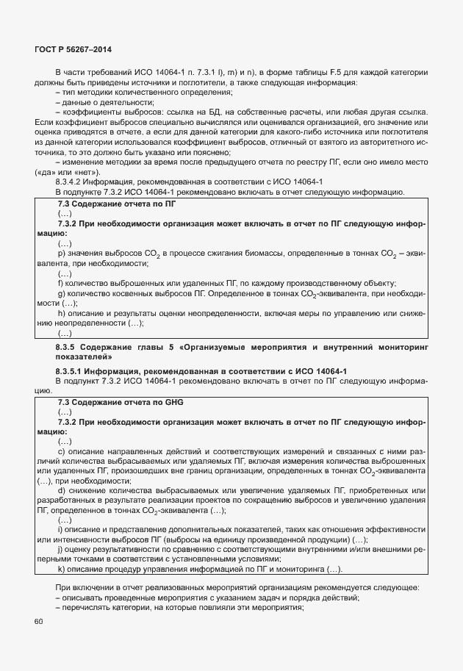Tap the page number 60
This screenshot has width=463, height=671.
(x=39, y=622)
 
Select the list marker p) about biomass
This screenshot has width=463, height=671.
(x=61, y=254)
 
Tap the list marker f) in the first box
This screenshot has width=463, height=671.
(x=60, y=284)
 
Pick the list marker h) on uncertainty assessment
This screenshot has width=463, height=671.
(x=61, y=314)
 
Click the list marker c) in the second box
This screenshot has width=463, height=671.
(x=61, y=451)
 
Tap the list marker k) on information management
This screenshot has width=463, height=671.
(x=60, y=570)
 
